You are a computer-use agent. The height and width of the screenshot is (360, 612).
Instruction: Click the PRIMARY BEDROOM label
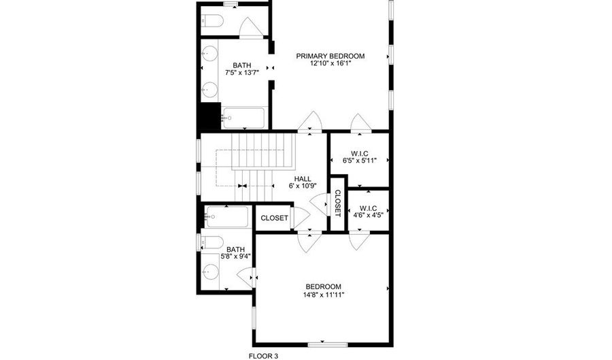coord(330,56)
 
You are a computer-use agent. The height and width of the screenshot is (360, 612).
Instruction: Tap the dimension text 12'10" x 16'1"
coord(330,64)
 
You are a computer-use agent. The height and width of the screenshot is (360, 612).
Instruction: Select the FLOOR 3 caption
coord(262,355)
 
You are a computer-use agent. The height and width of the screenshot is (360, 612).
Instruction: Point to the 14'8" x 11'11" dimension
coord(323,295)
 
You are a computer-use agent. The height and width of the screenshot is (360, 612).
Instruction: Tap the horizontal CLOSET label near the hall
coord(275,218)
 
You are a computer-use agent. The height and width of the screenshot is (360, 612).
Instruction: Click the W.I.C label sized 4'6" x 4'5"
coord(368,208)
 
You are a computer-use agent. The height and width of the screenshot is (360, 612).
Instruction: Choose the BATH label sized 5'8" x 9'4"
coord(235,249)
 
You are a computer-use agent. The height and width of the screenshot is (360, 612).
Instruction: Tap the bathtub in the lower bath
coord(228,217)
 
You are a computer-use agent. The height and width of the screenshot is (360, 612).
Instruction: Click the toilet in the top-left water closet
coord(212,21)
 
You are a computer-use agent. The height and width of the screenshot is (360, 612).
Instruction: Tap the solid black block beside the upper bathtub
coord(208,117)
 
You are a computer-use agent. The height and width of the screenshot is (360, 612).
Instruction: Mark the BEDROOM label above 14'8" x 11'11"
coord(323,287)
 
